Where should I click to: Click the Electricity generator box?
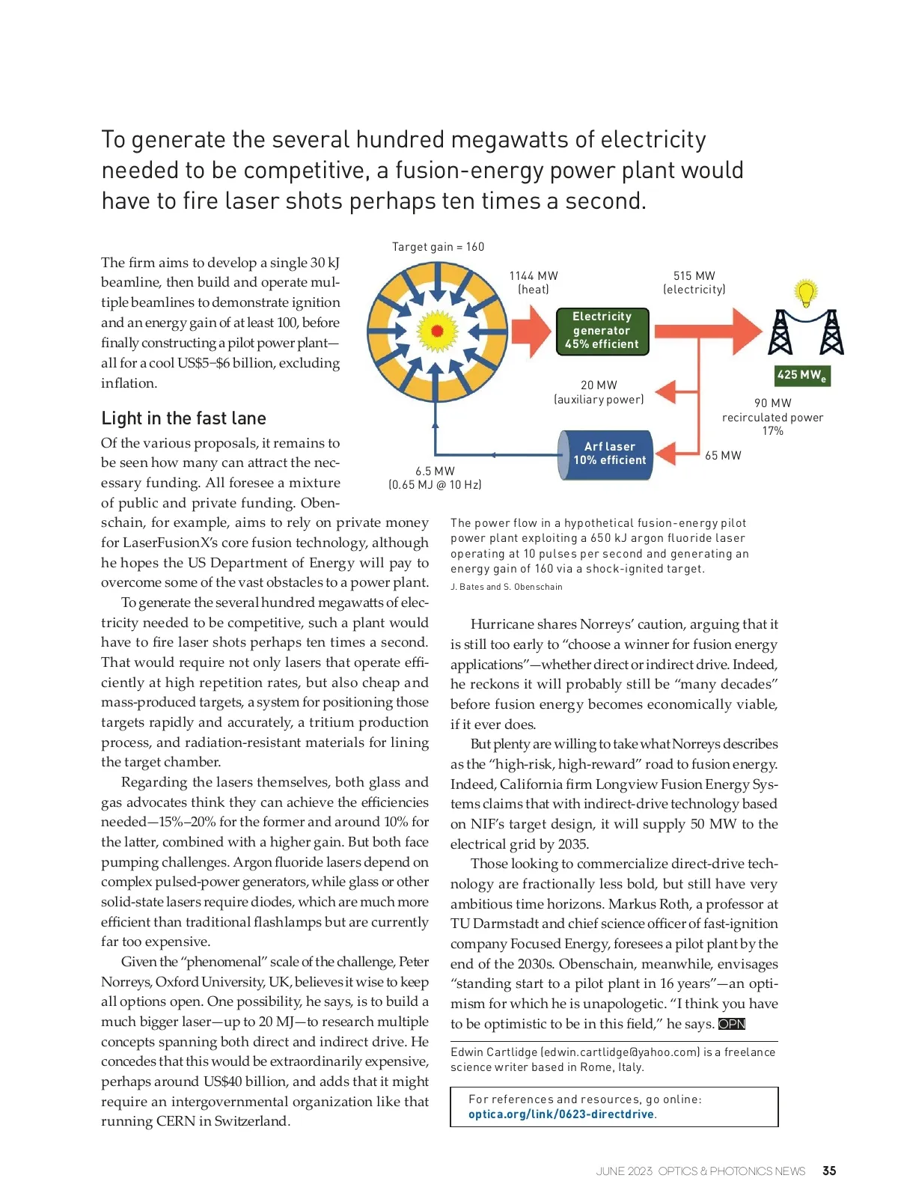(602, 331)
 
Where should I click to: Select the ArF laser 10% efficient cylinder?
(607, 454)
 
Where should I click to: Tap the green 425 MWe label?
(802, 375)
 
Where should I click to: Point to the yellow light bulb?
(805, 293)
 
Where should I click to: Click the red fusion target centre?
(438, 330)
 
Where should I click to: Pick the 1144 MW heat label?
(534, 283)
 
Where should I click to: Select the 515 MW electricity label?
(694, 283)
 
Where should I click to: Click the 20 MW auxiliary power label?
(599, 392)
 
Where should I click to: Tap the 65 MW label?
(723, 455)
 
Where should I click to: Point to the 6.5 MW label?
(435, 478)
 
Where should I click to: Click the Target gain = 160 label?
(438, 247)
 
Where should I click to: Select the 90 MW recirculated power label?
(772, 417)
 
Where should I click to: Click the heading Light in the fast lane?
(183, 418)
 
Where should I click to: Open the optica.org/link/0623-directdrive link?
(561, 1114)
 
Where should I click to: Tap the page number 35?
(829, 1171)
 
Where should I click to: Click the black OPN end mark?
(732, 1024)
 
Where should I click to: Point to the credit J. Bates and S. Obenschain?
(506, 587)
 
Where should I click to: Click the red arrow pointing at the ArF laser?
(668, 453)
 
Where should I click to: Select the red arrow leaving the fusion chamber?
(532, 331)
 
